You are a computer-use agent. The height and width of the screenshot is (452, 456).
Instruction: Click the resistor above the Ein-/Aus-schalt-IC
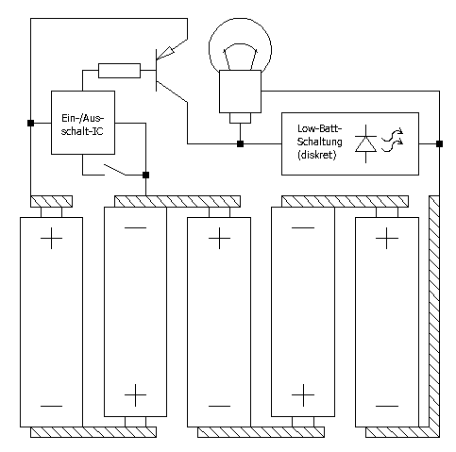click(119, 71)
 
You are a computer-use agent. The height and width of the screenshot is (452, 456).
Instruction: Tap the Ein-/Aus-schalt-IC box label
click(82, 125)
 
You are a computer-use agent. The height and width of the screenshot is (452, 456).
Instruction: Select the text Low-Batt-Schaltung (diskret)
click(319, 142)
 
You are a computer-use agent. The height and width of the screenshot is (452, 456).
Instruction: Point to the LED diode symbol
click(365, 144)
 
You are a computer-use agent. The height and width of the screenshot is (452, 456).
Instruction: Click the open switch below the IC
click(115, 170)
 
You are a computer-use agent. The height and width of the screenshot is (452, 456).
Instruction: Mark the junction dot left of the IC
click(30, 123)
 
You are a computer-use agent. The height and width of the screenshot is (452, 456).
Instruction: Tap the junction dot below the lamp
click(240, 144)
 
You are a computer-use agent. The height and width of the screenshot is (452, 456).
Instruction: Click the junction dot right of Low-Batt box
click(439, 144)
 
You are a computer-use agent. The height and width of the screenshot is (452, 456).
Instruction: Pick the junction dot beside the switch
click(145, 175)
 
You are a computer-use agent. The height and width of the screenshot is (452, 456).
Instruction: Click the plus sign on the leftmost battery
click(51, 239)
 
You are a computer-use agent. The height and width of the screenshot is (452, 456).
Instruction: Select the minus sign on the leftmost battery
click(51, 406)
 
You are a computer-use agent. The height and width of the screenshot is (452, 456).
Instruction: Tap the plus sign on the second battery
click(135, 395)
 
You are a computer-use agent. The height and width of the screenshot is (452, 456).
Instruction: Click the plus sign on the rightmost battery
click(387, 239)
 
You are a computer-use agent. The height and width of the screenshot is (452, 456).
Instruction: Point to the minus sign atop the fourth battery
click(303, 227)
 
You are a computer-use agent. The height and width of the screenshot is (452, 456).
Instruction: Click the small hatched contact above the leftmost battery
click(51, 201)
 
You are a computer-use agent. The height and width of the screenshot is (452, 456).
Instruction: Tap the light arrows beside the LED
click(392, 140)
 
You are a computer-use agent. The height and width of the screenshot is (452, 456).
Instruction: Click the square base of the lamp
click(240, 92)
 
